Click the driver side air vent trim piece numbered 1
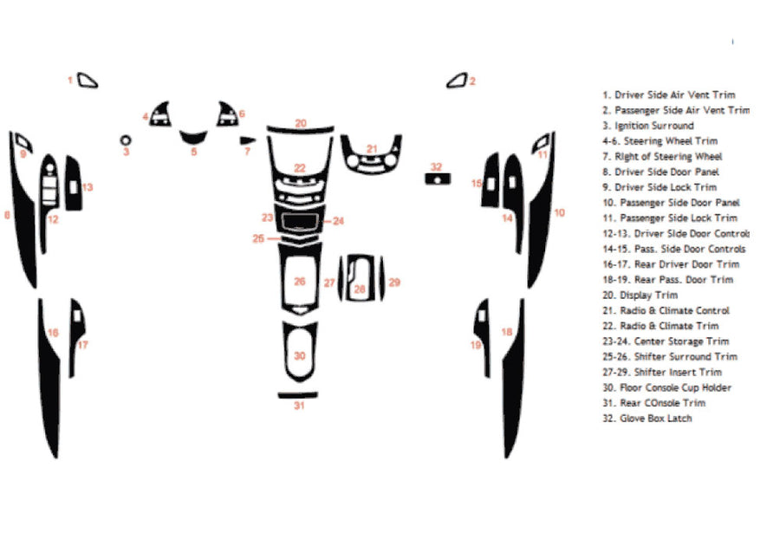[x=88, y=81]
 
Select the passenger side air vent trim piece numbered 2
[x=457, y=81]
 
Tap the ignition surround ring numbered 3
[x=126, y=140]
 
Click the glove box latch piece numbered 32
[x=438, y=179]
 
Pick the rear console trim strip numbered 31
[x=299, y=394]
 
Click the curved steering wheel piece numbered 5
[x=193, y=136]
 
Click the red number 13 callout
[x=88, y=186]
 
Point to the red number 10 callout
[x=560, y=212]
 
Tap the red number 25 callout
[x=258, y=238]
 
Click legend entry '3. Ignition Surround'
[x=647, y=126]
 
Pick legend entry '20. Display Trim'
[x=640, y=295]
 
